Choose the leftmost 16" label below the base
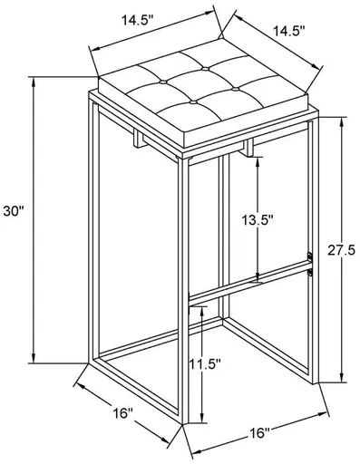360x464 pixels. coord(123,413)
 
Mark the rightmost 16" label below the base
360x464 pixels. coord(263,432)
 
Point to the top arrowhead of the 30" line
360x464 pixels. coord(34,80)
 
